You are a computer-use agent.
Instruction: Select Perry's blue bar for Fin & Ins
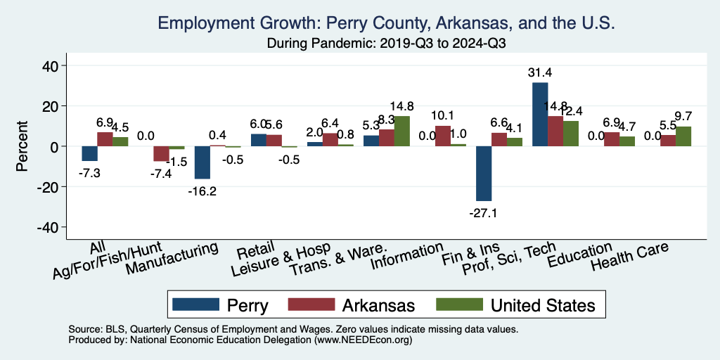484,174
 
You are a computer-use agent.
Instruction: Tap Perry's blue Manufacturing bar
202,162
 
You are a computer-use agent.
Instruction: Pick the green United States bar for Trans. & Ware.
401,131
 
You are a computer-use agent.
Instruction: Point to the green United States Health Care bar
683,136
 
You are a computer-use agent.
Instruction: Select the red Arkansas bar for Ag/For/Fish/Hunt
161,153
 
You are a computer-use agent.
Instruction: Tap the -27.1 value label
484,213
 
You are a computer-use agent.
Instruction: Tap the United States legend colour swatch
457,304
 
